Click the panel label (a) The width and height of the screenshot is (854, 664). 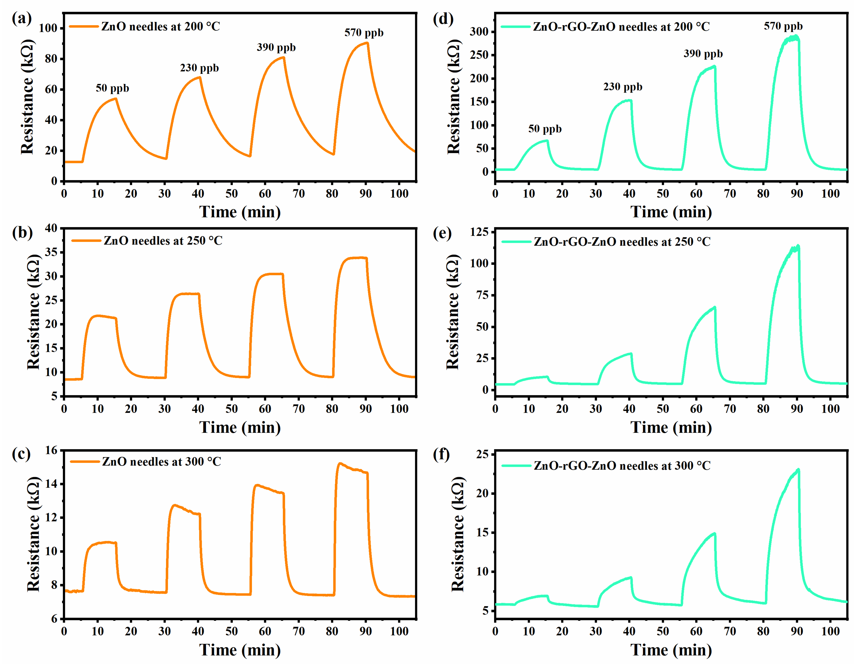(22, 18)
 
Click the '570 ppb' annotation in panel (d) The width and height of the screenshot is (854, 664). (783, 26)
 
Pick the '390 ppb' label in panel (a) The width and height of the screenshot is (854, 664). (276, 47)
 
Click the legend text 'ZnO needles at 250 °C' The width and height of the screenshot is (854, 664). (163, 241)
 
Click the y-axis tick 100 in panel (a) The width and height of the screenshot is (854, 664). (48, 28)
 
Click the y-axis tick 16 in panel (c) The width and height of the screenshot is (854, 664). (51, 450)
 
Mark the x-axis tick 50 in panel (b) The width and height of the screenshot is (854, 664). (231, 409)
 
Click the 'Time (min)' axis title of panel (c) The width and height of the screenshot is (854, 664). (240, 650)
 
